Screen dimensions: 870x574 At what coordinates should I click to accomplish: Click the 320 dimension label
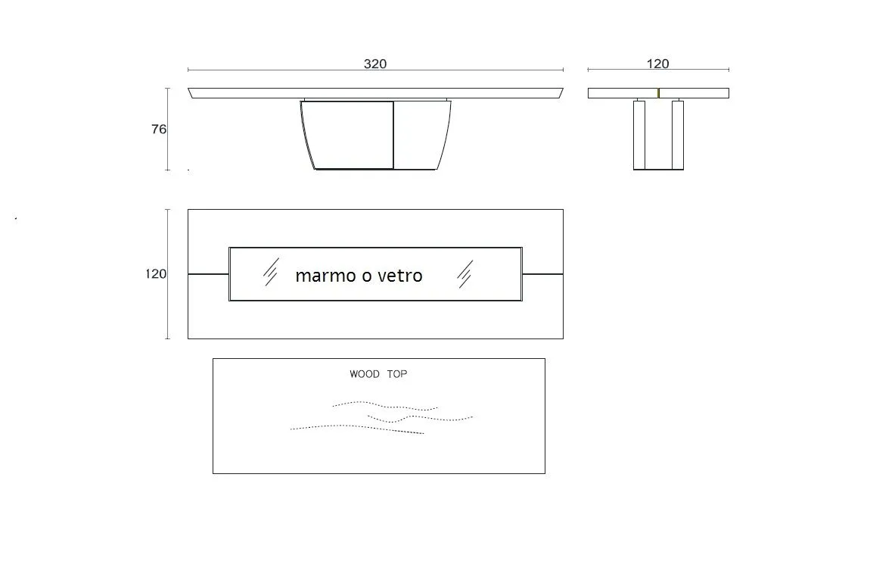tap(375, 64)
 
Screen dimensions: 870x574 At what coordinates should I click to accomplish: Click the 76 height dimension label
tap(159, 129)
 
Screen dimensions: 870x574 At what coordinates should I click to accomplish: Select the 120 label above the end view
tap(657, 64)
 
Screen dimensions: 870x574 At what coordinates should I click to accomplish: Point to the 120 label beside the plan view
tap(156, 273)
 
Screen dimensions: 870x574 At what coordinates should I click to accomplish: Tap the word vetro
tap(400, 276)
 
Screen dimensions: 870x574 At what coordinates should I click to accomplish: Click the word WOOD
tap(365, 374)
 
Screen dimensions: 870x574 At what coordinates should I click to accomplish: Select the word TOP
tap(397, 374)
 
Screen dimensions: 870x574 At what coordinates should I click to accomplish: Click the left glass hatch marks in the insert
tap(271, 271)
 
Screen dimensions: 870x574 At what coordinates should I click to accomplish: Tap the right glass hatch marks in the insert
tap(465, 273)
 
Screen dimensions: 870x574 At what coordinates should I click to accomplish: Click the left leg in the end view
tap(639, 134)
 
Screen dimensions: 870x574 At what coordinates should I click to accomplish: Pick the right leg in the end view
tap(678, 134)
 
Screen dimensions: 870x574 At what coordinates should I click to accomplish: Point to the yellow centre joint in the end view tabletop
tap(659, 93)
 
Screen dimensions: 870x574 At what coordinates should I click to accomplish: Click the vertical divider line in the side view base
tap(393, 135)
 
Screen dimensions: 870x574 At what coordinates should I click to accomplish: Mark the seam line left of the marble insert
tap(209, 273)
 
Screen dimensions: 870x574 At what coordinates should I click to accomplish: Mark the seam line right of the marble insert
tap(542, 273)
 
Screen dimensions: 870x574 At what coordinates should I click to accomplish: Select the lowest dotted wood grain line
tap(357, 428)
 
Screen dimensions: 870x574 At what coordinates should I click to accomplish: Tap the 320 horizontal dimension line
tap(376, 70)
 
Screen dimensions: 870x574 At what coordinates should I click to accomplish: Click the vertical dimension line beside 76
tap(167, 129)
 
